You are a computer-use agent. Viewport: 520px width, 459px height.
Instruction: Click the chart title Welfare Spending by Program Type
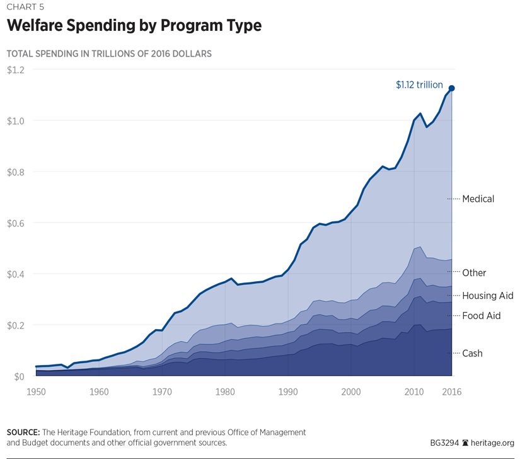[x=134, y=26]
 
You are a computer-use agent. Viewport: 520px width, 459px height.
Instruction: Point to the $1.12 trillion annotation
[x=419, y=84]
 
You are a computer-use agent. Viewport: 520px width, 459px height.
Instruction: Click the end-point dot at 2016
[x=451, y=88]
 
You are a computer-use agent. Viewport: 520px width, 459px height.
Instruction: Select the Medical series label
[x=478, y=199]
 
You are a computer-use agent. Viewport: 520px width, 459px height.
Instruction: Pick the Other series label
[x=474, y=273]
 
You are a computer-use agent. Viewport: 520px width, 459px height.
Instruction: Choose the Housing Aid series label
[x=487, y=296]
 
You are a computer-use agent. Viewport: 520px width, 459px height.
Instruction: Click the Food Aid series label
[x=481, y=316]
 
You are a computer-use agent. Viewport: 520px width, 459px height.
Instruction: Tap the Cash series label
[x=472, y=354]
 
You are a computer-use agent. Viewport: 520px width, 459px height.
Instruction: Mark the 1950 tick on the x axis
[x=36, y=392]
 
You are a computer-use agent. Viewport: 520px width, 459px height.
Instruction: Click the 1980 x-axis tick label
[x=225, y=392]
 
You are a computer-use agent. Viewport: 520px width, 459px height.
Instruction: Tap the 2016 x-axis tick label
[x=451, y=392]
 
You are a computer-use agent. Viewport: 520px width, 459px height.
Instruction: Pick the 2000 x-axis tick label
[x=351, y=392]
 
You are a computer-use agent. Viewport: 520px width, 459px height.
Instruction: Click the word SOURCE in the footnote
[x=23, y=433]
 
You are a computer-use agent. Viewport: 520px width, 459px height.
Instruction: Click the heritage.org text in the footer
[x=494, y=443]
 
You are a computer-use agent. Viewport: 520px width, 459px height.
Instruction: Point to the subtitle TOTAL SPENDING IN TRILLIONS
[x=109, y=54]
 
